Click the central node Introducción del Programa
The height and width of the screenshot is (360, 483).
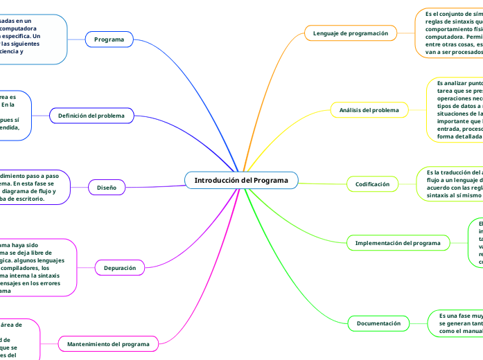click(x=241, y=180)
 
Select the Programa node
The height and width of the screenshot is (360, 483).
click(x=109, y=39)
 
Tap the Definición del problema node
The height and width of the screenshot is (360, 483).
click(x=91, y=116)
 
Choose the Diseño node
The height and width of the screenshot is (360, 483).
click(x=107, y=187)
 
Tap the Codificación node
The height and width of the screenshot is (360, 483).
click(x=373, y=184)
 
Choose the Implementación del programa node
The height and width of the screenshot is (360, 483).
click(x=398, y=243)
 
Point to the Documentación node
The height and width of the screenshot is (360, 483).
click(x=378, y=323)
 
